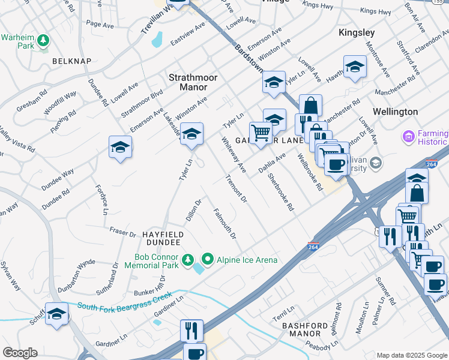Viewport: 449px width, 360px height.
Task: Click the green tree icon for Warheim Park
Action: [43, 40]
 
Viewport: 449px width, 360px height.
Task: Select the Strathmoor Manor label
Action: [193, 82]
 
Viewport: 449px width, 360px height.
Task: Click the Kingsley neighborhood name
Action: [357, 32]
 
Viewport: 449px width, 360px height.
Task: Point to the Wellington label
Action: [395, 112]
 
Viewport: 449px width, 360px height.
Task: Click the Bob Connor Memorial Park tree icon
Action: [188, 259]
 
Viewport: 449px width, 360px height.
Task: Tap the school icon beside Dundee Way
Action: [120, 148]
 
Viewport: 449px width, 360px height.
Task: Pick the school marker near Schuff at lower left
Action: [57, 315]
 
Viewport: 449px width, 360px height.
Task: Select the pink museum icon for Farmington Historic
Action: [409, 137]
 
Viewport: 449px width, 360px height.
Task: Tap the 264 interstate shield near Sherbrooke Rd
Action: [313, 246]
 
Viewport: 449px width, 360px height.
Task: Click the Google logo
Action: [20, 353]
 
